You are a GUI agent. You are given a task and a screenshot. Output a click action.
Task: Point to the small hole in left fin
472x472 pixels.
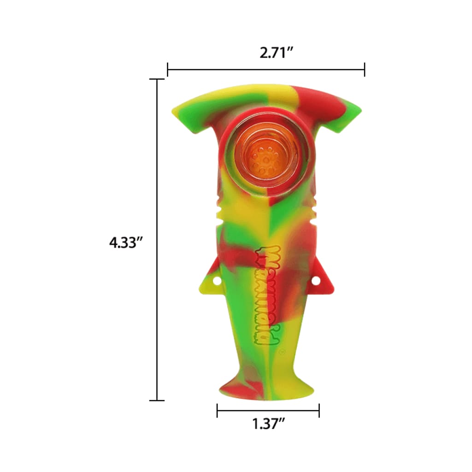pyautogui.click(x=216, y=280)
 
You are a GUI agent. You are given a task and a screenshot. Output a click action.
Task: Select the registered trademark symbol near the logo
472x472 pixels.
pyautogui.click(x=282, y=351)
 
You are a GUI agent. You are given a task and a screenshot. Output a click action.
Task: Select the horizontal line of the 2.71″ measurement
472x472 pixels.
pyautogui.click(x=266, y=70)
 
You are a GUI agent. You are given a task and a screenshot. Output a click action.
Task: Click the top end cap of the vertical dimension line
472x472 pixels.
pyautogui.click(x=157, y=79)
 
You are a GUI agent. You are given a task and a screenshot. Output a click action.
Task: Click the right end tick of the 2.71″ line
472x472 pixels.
pyautogui.click(x=365, y=70)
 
